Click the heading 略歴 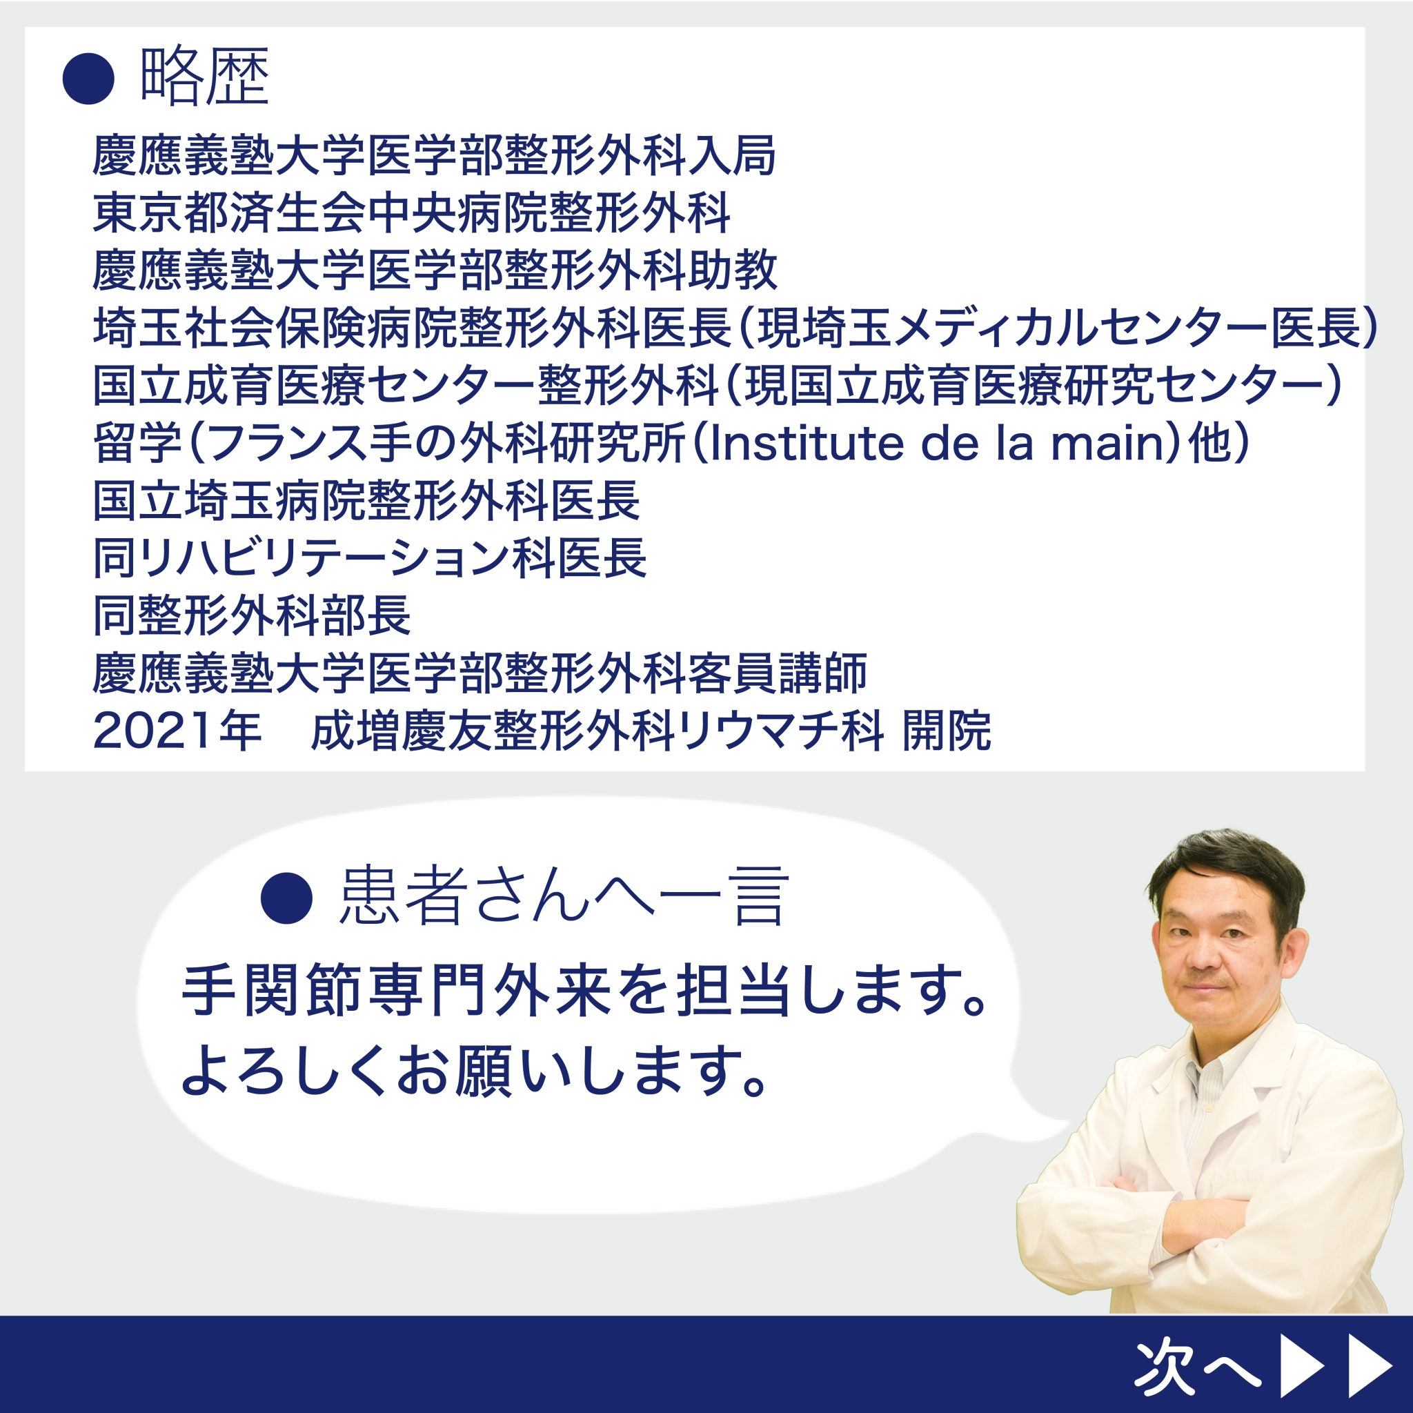[204, 77]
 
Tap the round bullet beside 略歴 [88, 78]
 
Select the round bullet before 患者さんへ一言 [287, 898]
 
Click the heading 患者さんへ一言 [564, 897]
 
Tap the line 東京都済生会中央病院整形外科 [412, 213]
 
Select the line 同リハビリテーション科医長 [370, 558]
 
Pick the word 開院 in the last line [947, 731]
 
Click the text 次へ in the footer [1197, 1365]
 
